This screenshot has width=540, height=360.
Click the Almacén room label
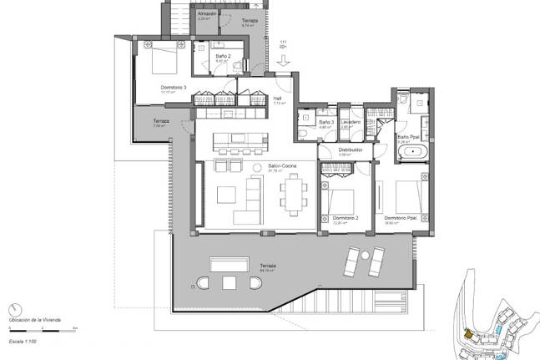[x=208, y=14]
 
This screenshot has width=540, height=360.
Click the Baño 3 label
[x=326, y=123]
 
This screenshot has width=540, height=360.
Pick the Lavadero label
[x=351, y=122]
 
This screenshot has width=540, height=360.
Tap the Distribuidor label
[x=350, y=150]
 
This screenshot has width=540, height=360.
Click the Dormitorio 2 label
[x=345, y=219]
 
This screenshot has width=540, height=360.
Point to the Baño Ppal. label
[x=408, y=137]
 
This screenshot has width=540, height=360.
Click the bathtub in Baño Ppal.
[x=411, y=154]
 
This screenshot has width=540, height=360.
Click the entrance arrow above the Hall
[x=284, y=58]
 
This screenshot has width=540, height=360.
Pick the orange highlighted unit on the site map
[x=468, y=334]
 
